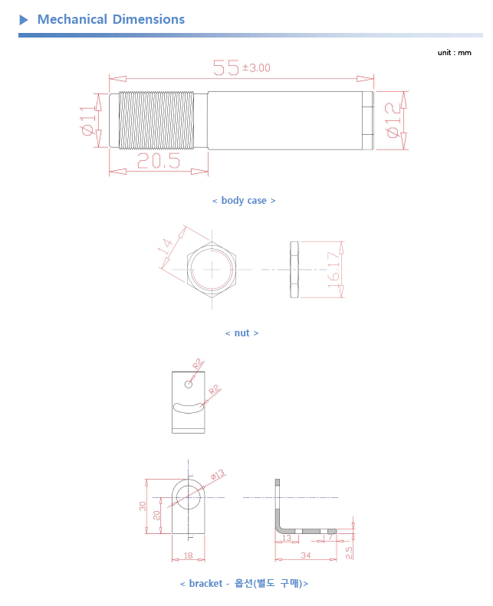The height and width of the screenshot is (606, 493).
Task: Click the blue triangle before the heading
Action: pos(24,19)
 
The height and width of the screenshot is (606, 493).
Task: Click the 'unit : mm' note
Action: pos(455,53)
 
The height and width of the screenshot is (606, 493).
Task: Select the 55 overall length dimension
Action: pos(226,67)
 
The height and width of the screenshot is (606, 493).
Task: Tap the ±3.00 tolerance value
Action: pos(256,68)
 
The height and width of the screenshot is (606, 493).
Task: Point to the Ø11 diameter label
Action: pos(88,120)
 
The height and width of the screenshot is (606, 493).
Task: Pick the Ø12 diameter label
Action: pos(393,120)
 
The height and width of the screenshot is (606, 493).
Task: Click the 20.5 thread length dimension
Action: pos(159,161)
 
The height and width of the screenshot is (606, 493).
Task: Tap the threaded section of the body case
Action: pos(156,120)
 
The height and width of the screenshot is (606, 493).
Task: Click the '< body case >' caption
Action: pos(244,201)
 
